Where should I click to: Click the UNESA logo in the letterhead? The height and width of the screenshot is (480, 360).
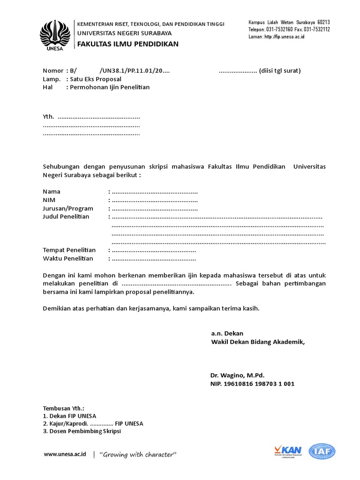(x=55, y=35)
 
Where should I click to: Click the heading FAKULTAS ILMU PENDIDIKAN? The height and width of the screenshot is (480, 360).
(x=127, y=44)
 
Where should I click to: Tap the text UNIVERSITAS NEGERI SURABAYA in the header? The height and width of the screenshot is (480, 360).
(x=124, y=33)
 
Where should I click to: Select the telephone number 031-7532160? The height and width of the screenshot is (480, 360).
(x=279, y=29)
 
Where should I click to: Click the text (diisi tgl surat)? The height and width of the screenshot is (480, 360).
(x=280, y=71)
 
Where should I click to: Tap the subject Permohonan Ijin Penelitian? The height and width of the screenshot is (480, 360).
(x=110, y=87)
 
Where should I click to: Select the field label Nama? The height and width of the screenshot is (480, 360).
(x=52, y=192)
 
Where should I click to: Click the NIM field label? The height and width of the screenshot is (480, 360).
(x=49, y=200)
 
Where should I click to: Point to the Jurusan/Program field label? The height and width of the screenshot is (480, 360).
(x=68, y=209)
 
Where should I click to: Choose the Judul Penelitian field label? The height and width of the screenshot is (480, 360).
(x=66, y=217)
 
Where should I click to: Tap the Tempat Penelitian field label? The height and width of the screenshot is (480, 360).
(x=69, y=250)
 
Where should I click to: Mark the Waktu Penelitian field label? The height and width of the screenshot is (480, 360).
(x=68, y=259)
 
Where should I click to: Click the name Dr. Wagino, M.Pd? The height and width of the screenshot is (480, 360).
(x=238, y=375)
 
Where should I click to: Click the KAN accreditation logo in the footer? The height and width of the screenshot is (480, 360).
(x=288, y=451)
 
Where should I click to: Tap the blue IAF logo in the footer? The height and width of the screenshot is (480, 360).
(x=322, y=451)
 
